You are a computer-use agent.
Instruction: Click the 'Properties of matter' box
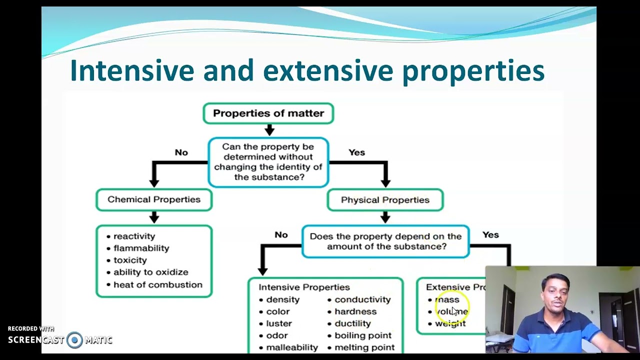pyautogui.click(x=268, y=113)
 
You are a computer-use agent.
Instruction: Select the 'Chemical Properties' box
pyautogui.click(x=154, y=199)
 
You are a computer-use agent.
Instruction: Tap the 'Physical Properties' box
pyautogui.click(x=385, y=200)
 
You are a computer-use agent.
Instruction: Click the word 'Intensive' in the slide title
pyautogui.click(x=131, y=70)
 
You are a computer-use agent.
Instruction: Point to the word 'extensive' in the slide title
pyautogui.click(x=329, y=70)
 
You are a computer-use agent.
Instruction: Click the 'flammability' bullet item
pyautogui.click(x=141, y=248)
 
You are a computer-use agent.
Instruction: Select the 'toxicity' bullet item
pyautogui.click(x=130, y=260)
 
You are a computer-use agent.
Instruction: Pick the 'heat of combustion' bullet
pyautogui.click(x=157, y=284)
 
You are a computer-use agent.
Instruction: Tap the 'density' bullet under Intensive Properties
pyautogui.click(x=282, y=299)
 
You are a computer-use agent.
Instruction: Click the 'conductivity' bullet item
pyautogui.click(x=362, y=299)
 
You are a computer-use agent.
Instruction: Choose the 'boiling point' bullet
pyautogui.click(x=363, y=335)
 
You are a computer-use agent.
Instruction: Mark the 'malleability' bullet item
pyautogui.click(x=291, y=347)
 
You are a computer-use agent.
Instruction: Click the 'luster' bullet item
pyautogui.click(x=278, y=323)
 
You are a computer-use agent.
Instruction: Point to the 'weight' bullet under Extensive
pyautogui.click(x=450, y=323)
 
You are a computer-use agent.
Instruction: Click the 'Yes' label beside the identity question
pyautogui.click(x=356, y=152)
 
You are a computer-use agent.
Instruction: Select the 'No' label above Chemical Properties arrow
pyautogui.click(x=181, y=152)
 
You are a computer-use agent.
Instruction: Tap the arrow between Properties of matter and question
pyautogui.click(x=269, y=130)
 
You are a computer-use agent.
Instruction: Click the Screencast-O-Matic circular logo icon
pyautogui.click(x=74, y=340)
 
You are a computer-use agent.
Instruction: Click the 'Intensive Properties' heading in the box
pyautogui.click(x=304, y=287)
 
